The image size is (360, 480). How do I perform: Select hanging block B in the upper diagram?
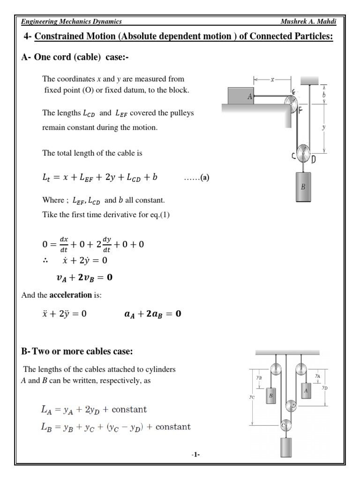[303, 186]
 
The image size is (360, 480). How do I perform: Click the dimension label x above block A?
[272, 80]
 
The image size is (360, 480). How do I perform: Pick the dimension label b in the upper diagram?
[324, 94]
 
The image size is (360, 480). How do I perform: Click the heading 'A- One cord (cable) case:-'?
[75, 57]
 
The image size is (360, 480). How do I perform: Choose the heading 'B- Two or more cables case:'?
[80, 352]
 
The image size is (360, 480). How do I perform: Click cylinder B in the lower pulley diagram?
[271, 396]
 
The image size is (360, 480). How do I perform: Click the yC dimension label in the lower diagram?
[252, 397]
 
